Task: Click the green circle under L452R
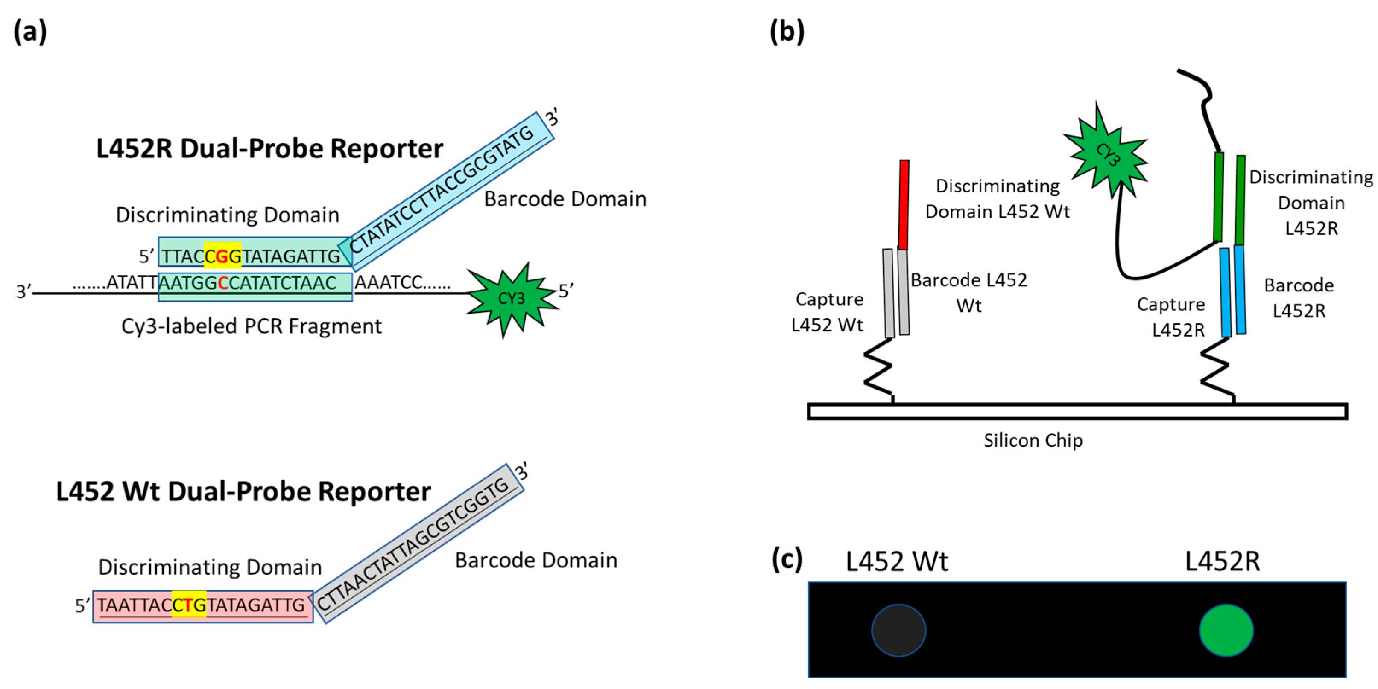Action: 1226,630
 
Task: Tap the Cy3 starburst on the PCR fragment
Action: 511,298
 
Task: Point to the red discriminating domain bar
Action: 904,205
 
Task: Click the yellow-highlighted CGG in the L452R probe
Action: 222,256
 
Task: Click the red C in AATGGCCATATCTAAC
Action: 223,283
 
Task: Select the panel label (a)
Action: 30,31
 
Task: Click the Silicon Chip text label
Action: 1033,440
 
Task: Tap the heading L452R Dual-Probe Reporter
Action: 269,148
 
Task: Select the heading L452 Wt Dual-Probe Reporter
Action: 243,491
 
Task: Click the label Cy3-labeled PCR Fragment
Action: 252,326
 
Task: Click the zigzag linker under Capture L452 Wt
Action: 878,369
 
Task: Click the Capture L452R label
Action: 1171,317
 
